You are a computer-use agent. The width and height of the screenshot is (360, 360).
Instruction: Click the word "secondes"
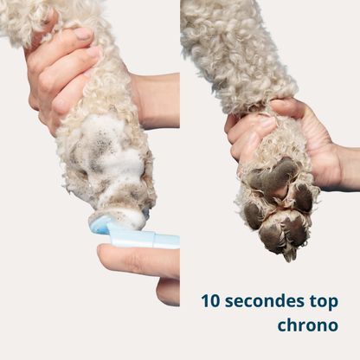coord(264,301)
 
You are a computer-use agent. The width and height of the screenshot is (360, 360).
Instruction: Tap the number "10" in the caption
coord(211,301)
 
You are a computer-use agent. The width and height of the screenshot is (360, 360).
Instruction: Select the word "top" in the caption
coord(324,303)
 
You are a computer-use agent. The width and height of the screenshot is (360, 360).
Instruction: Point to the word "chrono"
coord(308,325)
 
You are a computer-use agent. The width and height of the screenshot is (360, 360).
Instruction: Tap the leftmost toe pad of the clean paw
coord(253,215)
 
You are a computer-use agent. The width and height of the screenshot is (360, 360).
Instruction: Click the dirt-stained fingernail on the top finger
coord(83,34)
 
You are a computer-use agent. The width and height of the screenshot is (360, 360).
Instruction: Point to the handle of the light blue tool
coord(145,238)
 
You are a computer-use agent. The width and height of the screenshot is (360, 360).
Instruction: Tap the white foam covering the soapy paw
coord(106,162)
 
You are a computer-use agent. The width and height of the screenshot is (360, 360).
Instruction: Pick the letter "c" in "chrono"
coord(283,326)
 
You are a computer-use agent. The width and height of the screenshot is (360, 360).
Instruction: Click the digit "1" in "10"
coord(206,301)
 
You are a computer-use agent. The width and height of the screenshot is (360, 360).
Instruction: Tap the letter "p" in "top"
coord(332,304)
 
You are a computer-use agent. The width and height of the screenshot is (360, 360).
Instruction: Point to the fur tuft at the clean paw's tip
coord(289,254)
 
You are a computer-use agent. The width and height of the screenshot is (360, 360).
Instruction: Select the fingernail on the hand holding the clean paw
coord(267,123)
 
